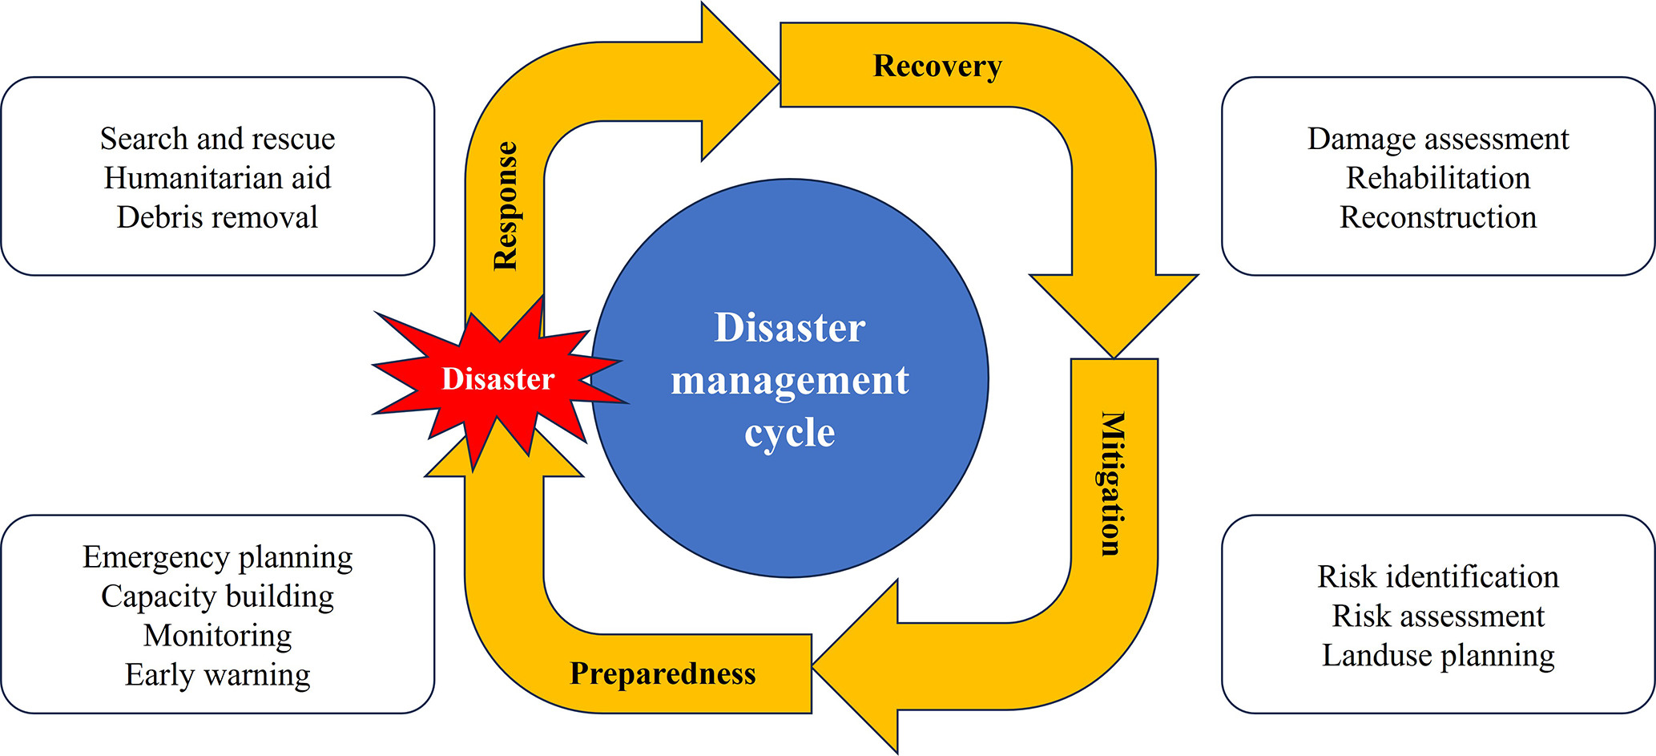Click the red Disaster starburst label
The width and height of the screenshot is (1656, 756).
tap(498, 379)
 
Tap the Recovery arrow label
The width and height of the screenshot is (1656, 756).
tap(937, 66)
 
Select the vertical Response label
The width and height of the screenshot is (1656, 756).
tap(506, 206)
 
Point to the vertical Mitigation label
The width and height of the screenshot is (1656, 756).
tap(1113, 484)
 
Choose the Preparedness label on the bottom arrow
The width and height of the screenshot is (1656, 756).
tap(663, 673)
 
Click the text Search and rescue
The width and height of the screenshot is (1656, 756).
tap(217, 139)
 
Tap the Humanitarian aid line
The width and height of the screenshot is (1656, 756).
tap(217, 178)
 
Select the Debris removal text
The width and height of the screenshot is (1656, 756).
tap(217, 217)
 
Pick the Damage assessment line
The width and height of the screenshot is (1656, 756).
tap(1438, 139)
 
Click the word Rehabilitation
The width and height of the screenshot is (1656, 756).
tap(1438, 178)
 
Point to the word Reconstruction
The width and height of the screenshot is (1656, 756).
tap(1438, 217)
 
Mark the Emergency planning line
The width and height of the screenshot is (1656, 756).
tap(217, 557)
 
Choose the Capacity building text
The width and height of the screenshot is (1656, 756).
tap(217, 596)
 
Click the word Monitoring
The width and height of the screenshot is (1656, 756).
tap(217, 636)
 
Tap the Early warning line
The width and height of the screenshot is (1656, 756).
tap(217, 675)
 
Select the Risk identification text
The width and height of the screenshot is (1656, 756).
tap(1438, 577)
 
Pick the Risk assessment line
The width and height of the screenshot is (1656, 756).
tap(1438, 617)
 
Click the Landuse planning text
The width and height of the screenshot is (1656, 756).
tap(1438, 656)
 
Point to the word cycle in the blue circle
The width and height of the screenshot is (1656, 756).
tap(789, 434)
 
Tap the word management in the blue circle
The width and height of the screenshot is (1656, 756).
tap(789, 381)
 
